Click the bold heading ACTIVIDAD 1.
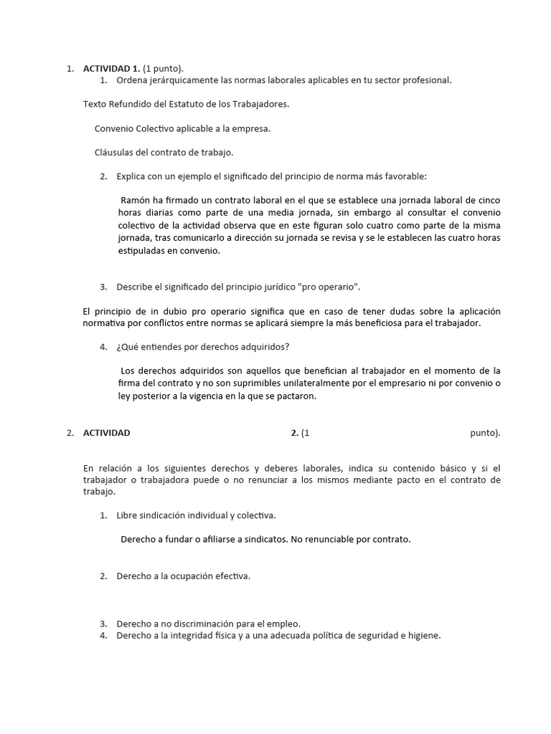112,69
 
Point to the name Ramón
136,200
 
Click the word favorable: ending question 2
402,176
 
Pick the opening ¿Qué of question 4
126,347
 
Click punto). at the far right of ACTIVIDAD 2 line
485,433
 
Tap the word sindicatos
262,539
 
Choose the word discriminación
198,624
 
